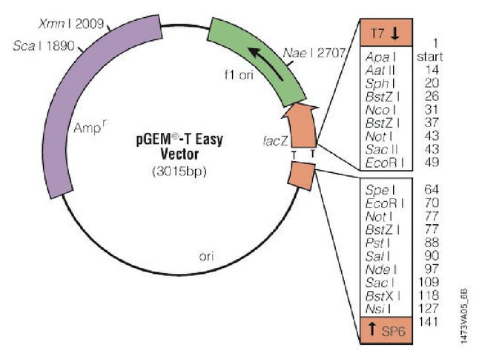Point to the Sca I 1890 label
point(47,46)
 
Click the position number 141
point(429,321)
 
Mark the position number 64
point(432,190)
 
